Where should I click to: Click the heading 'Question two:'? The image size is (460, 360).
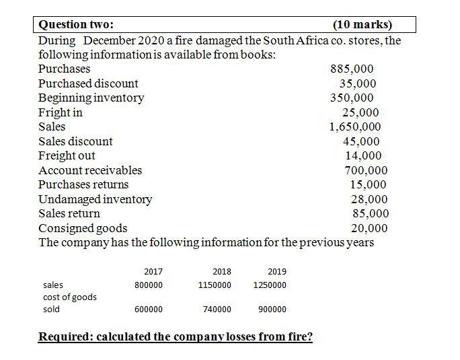(76, 26)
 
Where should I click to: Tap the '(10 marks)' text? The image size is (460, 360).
(362, 26)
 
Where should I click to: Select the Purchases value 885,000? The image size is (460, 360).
(352, 69)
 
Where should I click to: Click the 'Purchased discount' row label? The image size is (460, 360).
(88, 83)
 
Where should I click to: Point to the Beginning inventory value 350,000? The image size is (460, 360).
(351, 98)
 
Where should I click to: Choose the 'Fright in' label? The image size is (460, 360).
(60, 112)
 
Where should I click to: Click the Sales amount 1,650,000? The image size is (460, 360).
(354, 127)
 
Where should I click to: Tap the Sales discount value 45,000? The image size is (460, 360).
(361, 141)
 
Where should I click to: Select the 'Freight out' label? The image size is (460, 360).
(67, 155)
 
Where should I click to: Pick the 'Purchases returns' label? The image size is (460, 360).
(83, 184)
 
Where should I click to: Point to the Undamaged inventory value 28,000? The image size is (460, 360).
(369, 199)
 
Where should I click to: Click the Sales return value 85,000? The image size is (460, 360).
(371, 213)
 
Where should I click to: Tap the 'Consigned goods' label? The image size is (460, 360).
(82, 228)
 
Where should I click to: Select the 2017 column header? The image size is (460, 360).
(153, 272)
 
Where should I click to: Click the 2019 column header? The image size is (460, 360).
(276, 272)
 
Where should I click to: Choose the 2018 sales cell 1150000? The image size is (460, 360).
(215, 285)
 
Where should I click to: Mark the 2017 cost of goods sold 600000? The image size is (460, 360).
(149, 310)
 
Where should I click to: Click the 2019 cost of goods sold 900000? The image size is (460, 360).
(272, 310)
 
